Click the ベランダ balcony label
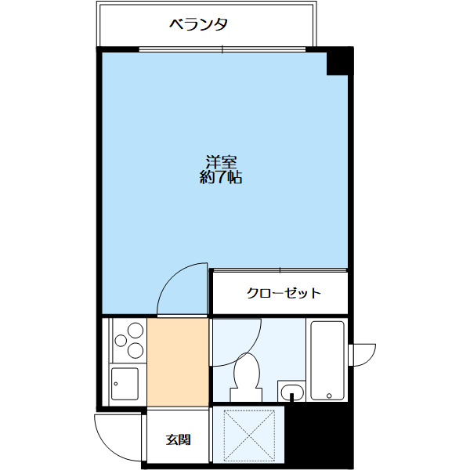pos(198,24)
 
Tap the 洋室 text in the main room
pos(221,162)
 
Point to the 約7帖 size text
pos(221,178)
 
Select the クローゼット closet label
pos(284,294)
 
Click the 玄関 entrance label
pos(178,439)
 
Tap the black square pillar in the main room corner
pos(338,63)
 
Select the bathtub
pos(327,360)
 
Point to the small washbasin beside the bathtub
pos(291,391)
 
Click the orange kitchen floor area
pos(178,360)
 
